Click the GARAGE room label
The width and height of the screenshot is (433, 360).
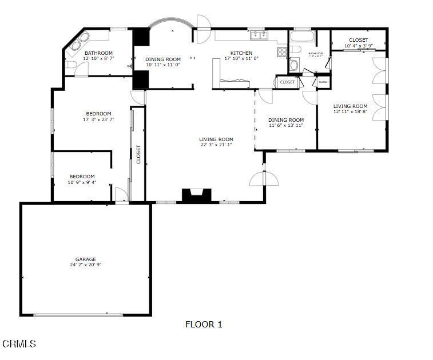[86, 259]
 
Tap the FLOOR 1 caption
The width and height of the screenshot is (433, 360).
[204, 325]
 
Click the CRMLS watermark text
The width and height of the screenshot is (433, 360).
[19, 344]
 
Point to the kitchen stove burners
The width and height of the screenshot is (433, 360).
[282, 52]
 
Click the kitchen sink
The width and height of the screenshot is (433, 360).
[260, 35]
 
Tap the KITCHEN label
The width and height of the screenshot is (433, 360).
[241, 53]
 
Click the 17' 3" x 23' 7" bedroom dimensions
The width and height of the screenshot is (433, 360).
[98, 119]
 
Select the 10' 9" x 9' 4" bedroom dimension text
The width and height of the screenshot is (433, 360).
[82, 182]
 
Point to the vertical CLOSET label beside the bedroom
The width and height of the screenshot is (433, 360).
[138, 154]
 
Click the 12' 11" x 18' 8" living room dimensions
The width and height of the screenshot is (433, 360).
[351, 111]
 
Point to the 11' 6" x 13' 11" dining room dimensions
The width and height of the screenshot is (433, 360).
[285, 125]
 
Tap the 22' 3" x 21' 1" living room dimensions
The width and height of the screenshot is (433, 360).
[216, 145]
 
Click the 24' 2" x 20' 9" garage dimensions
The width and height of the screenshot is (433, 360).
[86, 265]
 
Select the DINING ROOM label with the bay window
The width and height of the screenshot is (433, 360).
[163, 59]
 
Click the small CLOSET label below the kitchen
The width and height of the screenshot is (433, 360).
[288, 82]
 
